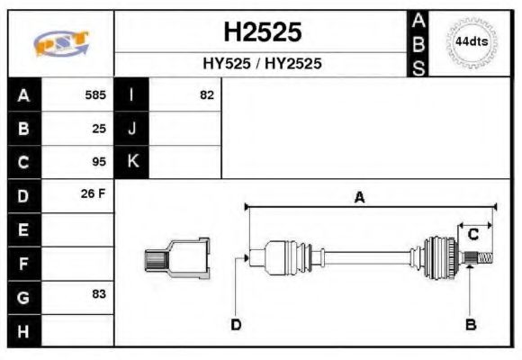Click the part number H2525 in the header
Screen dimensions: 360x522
click(262, 32)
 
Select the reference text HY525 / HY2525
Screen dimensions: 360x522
click(262, 64)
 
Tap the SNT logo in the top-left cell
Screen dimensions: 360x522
click(60, 43)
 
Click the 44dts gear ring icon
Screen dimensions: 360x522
click(471, 42)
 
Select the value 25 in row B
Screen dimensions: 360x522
click(99, 128)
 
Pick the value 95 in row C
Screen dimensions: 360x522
click(99, 162)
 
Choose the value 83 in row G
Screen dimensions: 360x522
click(99, 294)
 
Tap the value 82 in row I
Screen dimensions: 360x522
click(207, 94)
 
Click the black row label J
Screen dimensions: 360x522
click(132, 128)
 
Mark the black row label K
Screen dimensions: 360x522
click(132, 162)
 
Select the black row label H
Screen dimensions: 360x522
click(23, 329)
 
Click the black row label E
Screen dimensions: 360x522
click(23, 229)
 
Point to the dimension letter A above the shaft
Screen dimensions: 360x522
click(359, 198)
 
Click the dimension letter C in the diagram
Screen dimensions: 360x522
click(472, 236)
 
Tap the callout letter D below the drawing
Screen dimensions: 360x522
click(235, 324)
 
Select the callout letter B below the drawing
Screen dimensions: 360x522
click(470, 324)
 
